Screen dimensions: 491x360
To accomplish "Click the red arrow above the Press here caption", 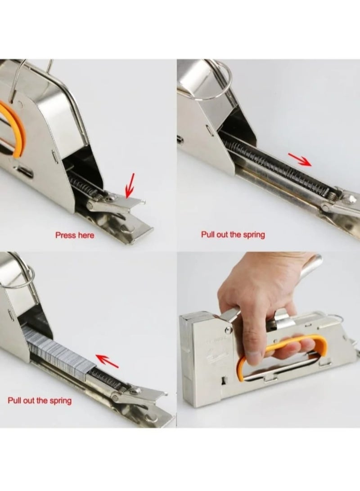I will [130, 185].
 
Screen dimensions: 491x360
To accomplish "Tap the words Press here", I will [75, 235].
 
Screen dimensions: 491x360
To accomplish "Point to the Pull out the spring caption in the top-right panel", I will [233, 235].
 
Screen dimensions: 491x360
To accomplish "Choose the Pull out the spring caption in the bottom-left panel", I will [40, 400].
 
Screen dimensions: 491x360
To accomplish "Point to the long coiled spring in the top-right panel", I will [274, 171].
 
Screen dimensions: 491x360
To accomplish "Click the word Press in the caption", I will [65, 235].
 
